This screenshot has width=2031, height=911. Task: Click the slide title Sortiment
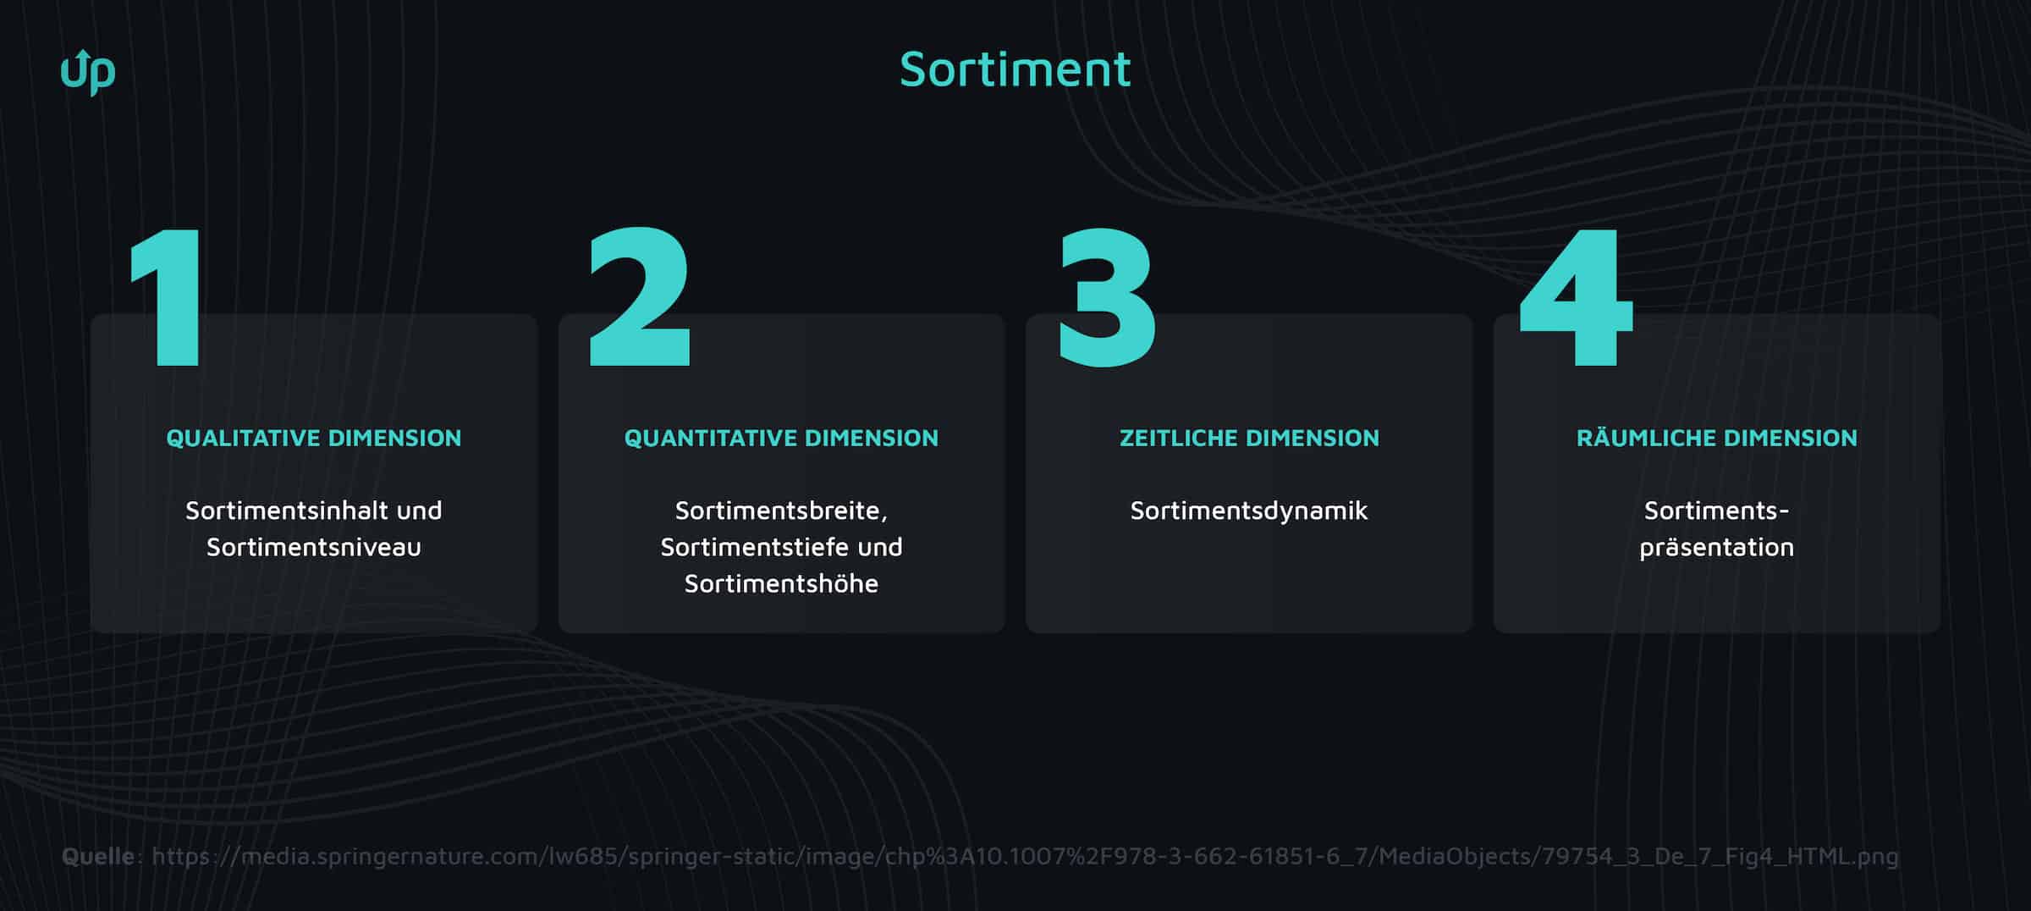(1015, 69)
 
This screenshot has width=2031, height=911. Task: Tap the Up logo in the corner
(88, 73)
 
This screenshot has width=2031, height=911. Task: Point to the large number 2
(640, 296)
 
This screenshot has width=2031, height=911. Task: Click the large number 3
(1107, 298)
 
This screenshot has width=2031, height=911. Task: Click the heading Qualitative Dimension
(313, 438)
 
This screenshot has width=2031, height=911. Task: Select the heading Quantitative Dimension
(781, 438)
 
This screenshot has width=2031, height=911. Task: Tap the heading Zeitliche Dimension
(1249, 438)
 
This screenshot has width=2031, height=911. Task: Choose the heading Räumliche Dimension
(1716, 438)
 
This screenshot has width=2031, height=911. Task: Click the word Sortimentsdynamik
(1249, 511)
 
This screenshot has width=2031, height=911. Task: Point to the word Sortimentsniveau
(313, 547)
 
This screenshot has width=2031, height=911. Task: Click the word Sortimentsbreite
(779, 511)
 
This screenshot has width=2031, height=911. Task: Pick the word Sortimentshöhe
(781, 583)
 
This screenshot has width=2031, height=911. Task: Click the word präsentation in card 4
(1716, 547)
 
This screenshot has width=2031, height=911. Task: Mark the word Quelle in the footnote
(97, 856)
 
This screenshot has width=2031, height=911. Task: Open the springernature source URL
(1025, 856)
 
